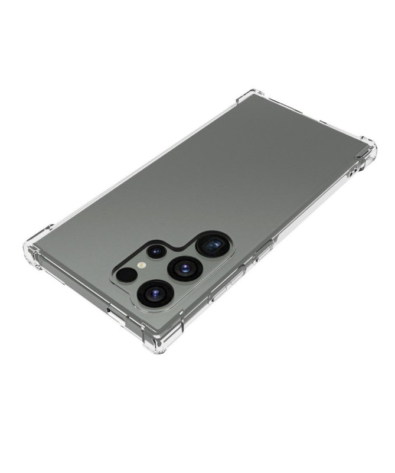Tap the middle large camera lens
point(185,269)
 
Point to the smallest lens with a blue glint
point(156,252)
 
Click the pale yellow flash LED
point(142,265)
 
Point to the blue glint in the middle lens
point(185,269)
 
